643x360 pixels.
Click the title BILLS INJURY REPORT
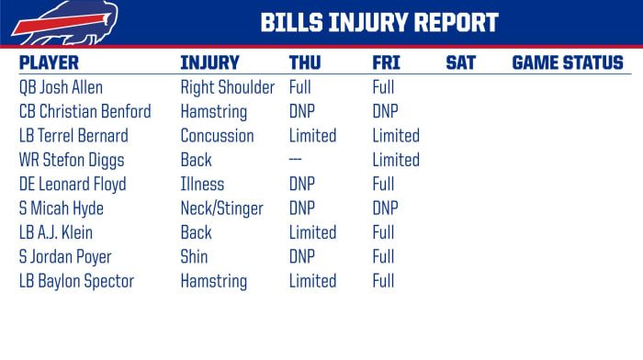coord(378,22)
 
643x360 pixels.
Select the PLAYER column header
coord(49,63)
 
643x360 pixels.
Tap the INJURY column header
coord(209,63)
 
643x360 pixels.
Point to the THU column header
coord(305,63)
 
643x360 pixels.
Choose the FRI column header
coord(386,63)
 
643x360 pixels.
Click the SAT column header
coord(460,63)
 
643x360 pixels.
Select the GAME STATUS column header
coord(567,63)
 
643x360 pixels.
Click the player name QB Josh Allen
coord(61,88)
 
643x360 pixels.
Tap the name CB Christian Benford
coord(85,112)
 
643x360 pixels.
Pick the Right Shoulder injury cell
coord(227,88)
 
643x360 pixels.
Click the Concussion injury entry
coord(217,136)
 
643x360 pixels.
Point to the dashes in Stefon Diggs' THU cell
coord(297,160)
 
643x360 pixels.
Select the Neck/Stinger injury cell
coord(222,208)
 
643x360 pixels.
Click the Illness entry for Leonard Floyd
coord(202,185)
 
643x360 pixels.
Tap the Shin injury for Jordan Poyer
coord(194,257)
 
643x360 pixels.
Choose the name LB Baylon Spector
coord(76,281)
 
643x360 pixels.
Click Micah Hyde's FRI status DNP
coord(386,208)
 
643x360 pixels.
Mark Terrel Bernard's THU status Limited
coord(312,136)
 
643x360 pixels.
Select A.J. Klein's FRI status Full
coord(383,232)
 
